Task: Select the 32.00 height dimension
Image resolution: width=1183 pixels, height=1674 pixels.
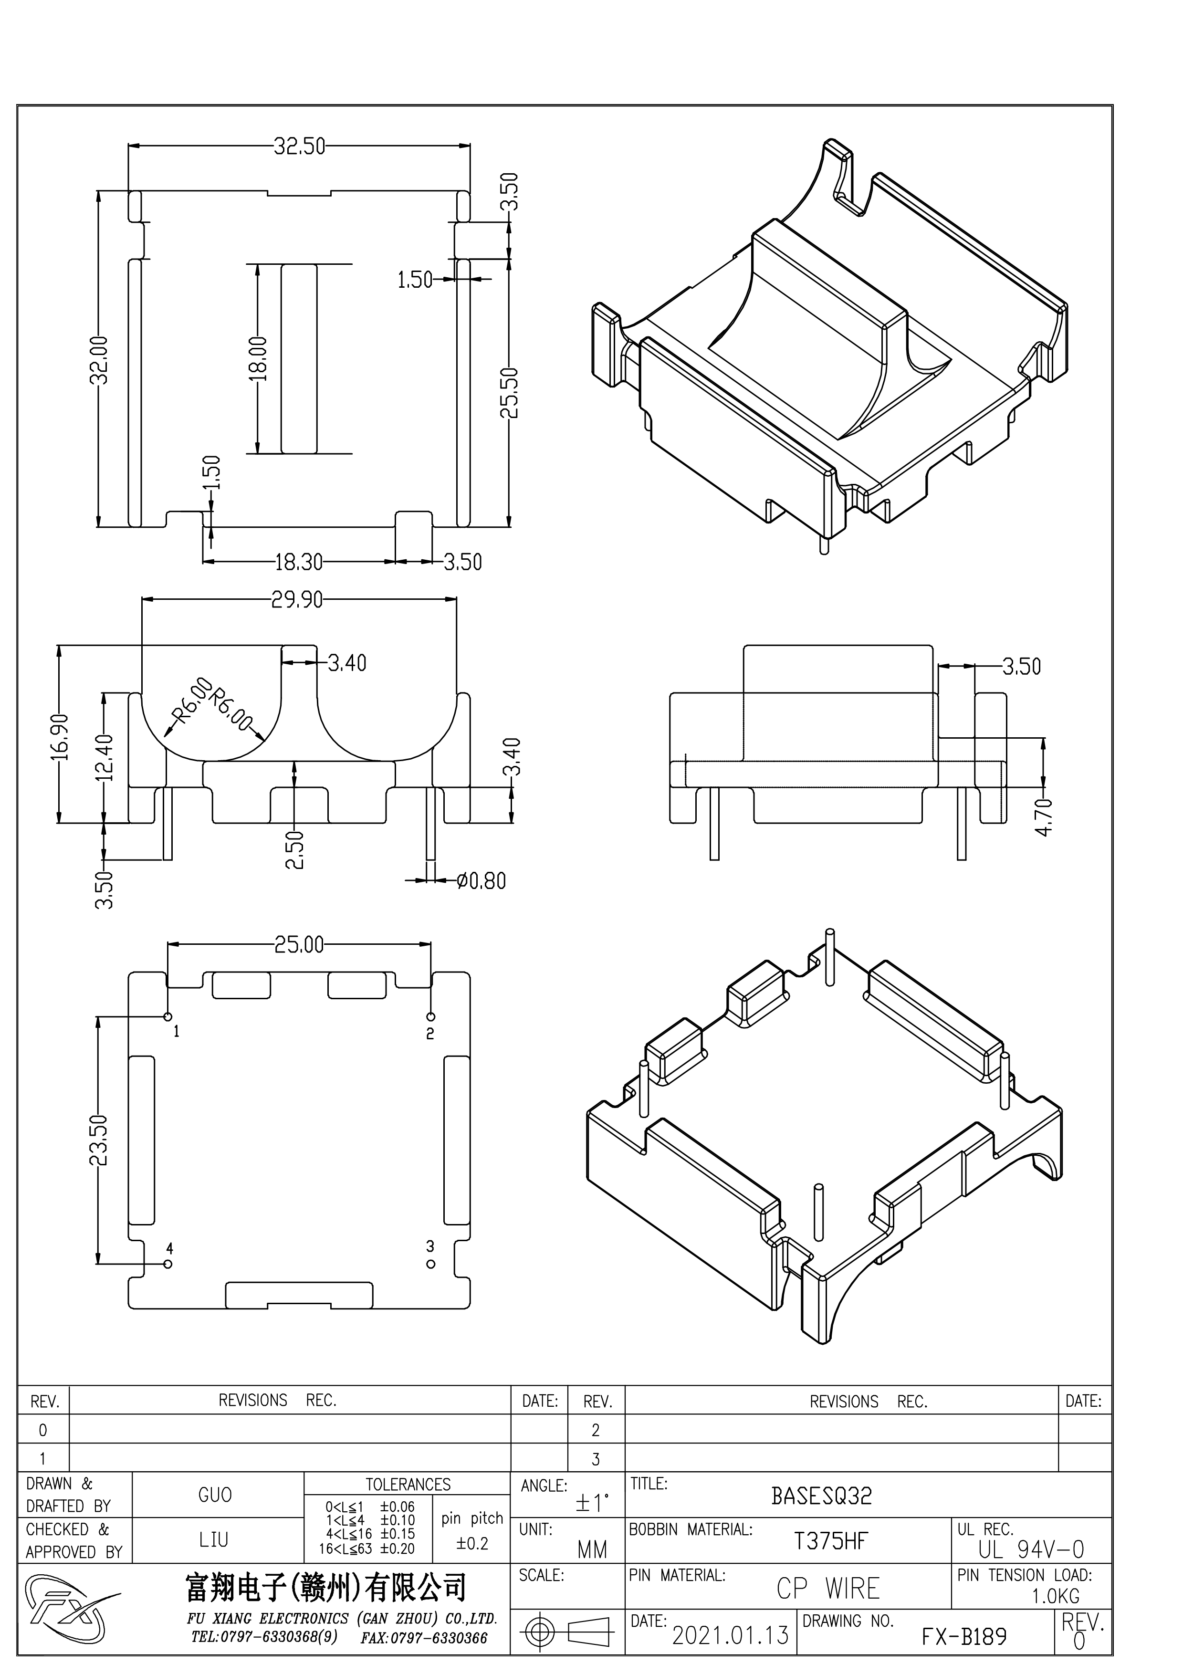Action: pyautogui.click(x=100, y=359)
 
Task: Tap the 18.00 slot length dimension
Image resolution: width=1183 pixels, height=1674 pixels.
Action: pyautogui.click(x=259, y=359)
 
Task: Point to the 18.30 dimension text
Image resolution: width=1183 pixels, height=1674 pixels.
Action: pyautogui.click(x=298, y=562)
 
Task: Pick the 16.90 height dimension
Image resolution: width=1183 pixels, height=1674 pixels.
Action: pyautogui.click(x=60, y=736)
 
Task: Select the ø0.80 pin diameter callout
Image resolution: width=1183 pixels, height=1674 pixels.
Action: pyautogui.click(x=481, y=881)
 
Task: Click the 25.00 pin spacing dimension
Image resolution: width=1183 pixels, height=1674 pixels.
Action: pyautogui.click(x=299, y=945)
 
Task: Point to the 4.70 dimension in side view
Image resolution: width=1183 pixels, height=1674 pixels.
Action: pyautogui.click(x=1045, y=816)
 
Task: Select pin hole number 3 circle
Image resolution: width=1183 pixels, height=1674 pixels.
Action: pyautogui.click(x=431, y=1264)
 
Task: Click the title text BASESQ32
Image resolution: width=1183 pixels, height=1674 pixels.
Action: pyautogui.click(x=821, y=1496)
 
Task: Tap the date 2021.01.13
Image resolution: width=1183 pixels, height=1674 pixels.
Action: pyautogui.click(x=730, y=1635)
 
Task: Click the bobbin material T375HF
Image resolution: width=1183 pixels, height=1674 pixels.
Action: pyautogui.click(x=830, y=1541)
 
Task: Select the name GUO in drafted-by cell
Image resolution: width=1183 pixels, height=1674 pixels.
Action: pyautogui.click(x=215, y=1496)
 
